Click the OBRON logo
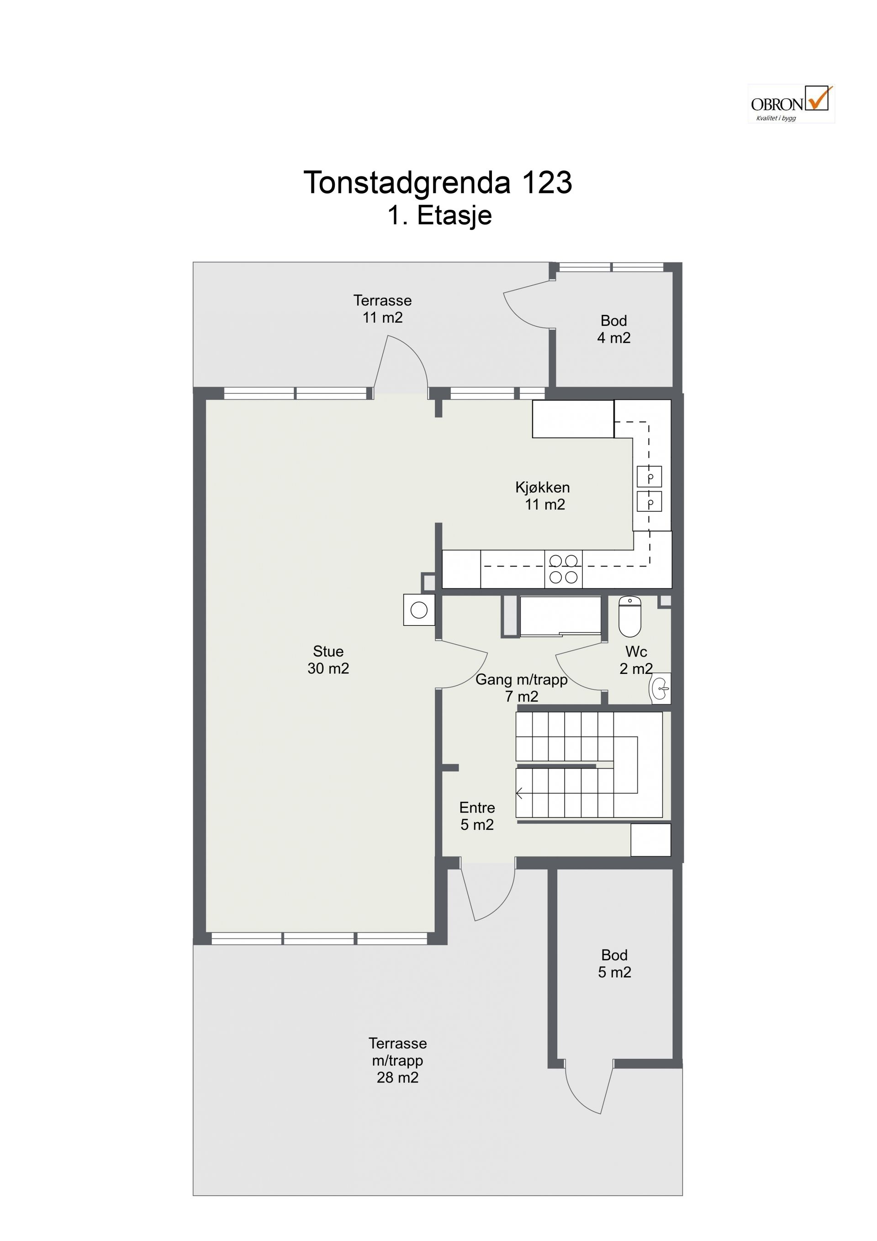pos(792,103)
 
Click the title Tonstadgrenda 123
pos(438,182)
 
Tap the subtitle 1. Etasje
pos(439,215)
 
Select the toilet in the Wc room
pos(629,616)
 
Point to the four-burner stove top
pos(564,569)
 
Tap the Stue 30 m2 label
pos(328,660)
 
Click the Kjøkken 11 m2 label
pos(543,496)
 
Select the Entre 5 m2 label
pos(477,816)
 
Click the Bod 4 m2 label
pos(614,329)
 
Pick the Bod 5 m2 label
pos(614,964)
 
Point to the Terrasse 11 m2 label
pos(383,308)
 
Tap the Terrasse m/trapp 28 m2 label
pos(398,1061)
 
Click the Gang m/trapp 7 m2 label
pos(522,688)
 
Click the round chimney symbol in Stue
pos(419,610)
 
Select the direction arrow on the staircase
pos(520,794)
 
